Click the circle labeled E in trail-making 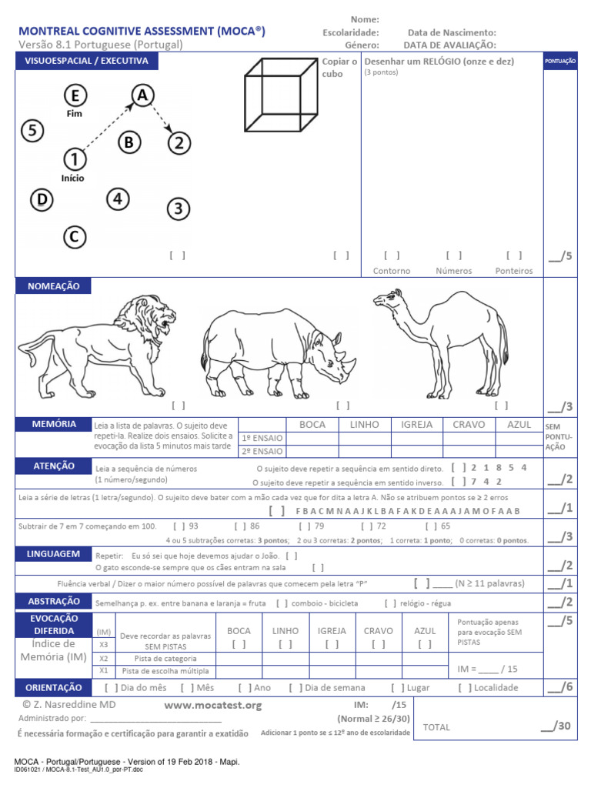click(75, 95)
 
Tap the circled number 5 click(32, 131)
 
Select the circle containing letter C click(74, 237)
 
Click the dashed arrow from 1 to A click(108, 128)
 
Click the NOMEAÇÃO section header click(53, 285)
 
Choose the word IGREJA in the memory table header click(416, 424)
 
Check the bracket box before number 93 click(179, 526)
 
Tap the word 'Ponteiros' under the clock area click(514, 271)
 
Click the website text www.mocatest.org click(213, 705)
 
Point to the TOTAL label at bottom click(436, 727)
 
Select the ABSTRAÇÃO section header click(54, 602)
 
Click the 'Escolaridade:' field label click(351, 32)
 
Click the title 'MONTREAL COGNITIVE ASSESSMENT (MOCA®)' click(142, 31)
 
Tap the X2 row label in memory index click(103, 659)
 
